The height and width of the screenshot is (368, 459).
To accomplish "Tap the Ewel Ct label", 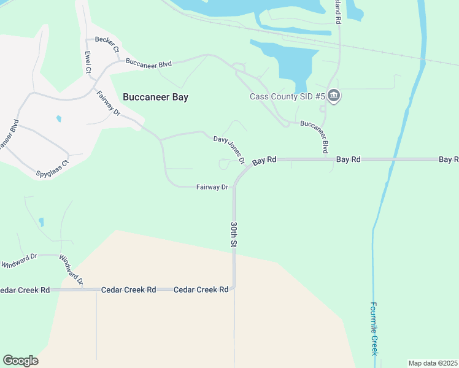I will point(88,62).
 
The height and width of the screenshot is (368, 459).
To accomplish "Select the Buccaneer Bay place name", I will point(155,97).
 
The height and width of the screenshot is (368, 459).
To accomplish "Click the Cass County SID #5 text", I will point(287,96).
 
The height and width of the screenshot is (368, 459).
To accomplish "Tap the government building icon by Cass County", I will point(334,96).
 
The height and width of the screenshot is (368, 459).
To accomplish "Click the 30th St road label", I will point(234,234).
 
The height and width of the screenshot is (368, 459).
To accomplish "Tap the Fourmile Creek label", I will point(374,329).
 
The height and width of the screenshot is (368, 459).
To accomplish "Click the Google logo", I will point(20,361).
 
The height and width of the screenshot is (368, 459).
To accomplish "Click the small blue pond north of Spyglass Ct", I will point(59,118).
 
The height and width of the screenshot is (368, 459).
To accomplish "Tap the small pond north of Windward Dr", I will point(41,221).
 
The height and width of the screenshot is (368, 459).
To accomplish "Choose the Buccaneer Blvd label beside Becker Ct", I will point(148,63).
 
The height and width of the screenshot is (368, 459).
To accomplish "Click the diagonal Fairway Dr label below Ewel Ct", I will point(109,103).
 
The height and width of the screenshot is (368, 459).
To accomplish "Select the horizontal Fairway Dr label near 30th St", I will point(212,186).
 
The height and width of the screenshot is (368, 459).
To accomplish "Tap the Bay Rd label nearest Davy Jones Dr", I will point(264,160).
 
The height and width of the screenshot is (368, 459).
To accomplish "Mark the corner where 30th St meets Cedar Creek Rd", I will point(234,288).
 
